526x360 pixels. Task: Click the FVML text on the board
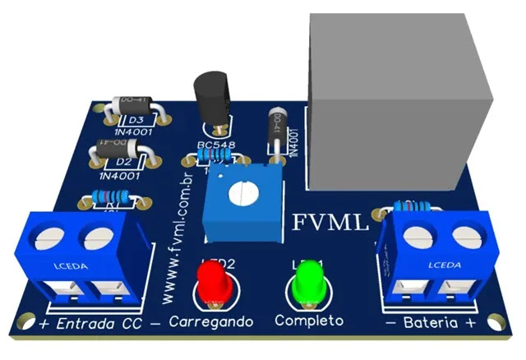tap(331, 222)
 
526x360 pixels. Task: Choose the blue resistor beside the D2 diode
tap(108, 197)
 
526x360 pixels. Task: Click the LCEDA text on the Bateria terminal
tap(442, 265)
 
